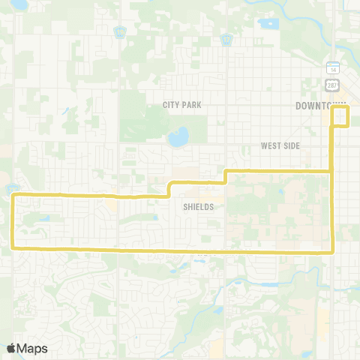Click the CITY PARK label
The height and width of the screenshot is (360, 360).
pyautogui.click(x=182, y=105)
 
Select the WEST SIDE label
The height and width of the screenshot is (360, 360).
pyautogui.click(x=280, y=145)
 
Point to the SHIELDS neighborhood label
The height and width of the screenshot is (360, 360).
pyautogui.click(x=198, y=206)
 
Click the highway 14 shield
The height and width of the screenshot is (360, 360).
pyautogui.click(x=332, y=69)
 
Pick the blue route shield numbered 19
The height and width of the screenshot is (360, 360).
pyautogui.click(x=118, y=31)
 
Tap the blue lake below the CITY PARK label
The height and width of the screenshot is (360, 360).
pyautogui.click(x=178, y=138)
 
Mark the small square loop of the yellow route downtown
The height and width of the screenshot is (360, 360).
pyautogui.click(x=341, y=116)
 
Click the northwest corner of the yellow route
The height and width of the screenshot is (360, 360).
pyautogui.click(x=15, y=196)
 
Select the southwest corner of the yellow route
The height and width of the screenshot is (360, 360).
pyautogui.click(x=15, y=246)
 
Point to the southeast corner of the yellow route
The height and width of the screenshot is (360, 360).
pyautogui.click(x=331, y=252)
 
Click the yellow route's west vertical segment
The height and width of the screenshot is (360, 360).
pyautogui.click(x=14, y=221)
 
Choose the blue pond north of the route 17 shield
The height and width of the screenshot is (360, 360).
pyautogui.click(x=267, y=22)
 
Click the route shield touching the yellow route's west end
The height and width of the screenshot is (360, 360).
pyautogui.click(x=11, y=188)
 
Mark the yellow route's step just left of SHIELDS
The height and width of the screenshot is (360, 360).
pyautogui.click(x=169, y=187)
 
